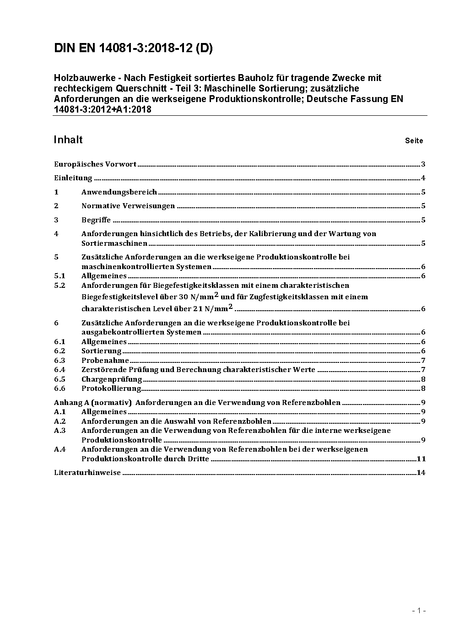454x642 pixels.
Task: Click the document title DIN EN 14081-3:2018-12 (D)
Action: pos(133,49)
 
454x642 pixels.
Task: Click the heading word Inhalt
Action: pos(68,140)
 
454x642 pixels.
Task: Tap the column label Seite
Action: pos(414,141)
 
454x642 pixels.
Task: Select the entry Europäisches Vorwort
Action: pos(95,164)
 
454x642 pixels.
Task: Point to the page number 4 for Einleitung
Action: pos(423,178)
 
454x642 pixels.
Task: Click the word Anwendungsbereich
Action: pos(119,192)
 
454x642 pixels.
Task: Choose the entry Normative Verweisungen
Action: pos(128,206)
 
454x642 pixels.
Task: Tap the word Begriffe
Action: pos(96,220)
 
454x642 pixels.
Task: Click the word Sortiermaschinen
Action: pos(114,243)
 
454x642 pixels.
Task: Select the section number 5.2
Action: pos(60,285)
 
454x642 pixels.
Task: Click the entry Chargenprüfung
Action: pos(112,379)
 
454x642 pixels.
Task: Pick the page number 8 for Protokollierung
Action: pos(423,388)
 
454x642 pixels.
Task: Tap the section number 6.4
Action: pos(60,370)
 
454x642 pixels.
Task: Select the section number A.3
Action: pos(60,431)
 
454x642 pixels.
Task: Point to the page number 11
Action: pos(421,459)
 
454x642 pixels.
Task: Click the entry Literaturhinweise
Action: pos(87,473)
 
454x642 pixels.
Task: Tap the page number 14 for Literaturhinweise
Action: pos(421,473)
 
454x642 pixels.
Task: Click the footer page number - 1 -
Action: pos(419,610)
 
